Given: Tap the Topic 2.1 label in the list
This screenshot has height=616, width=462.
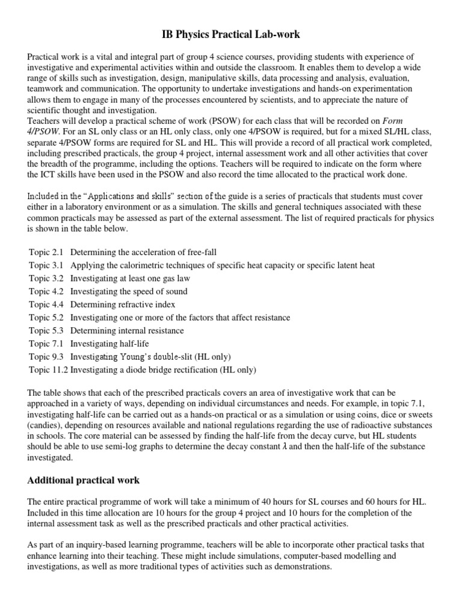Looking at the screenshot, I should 48,251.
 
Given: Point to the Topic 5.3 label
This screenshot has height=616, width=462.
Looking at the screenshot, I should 48,330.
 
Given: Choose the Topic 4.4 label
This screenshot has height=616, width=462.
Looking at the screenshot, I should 48,304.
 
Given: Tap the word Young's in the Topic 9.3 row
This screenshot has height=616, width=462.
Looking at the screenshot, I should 137,357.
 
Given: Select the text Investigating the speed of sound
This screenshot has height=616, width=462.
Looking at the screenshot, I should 129,291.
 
